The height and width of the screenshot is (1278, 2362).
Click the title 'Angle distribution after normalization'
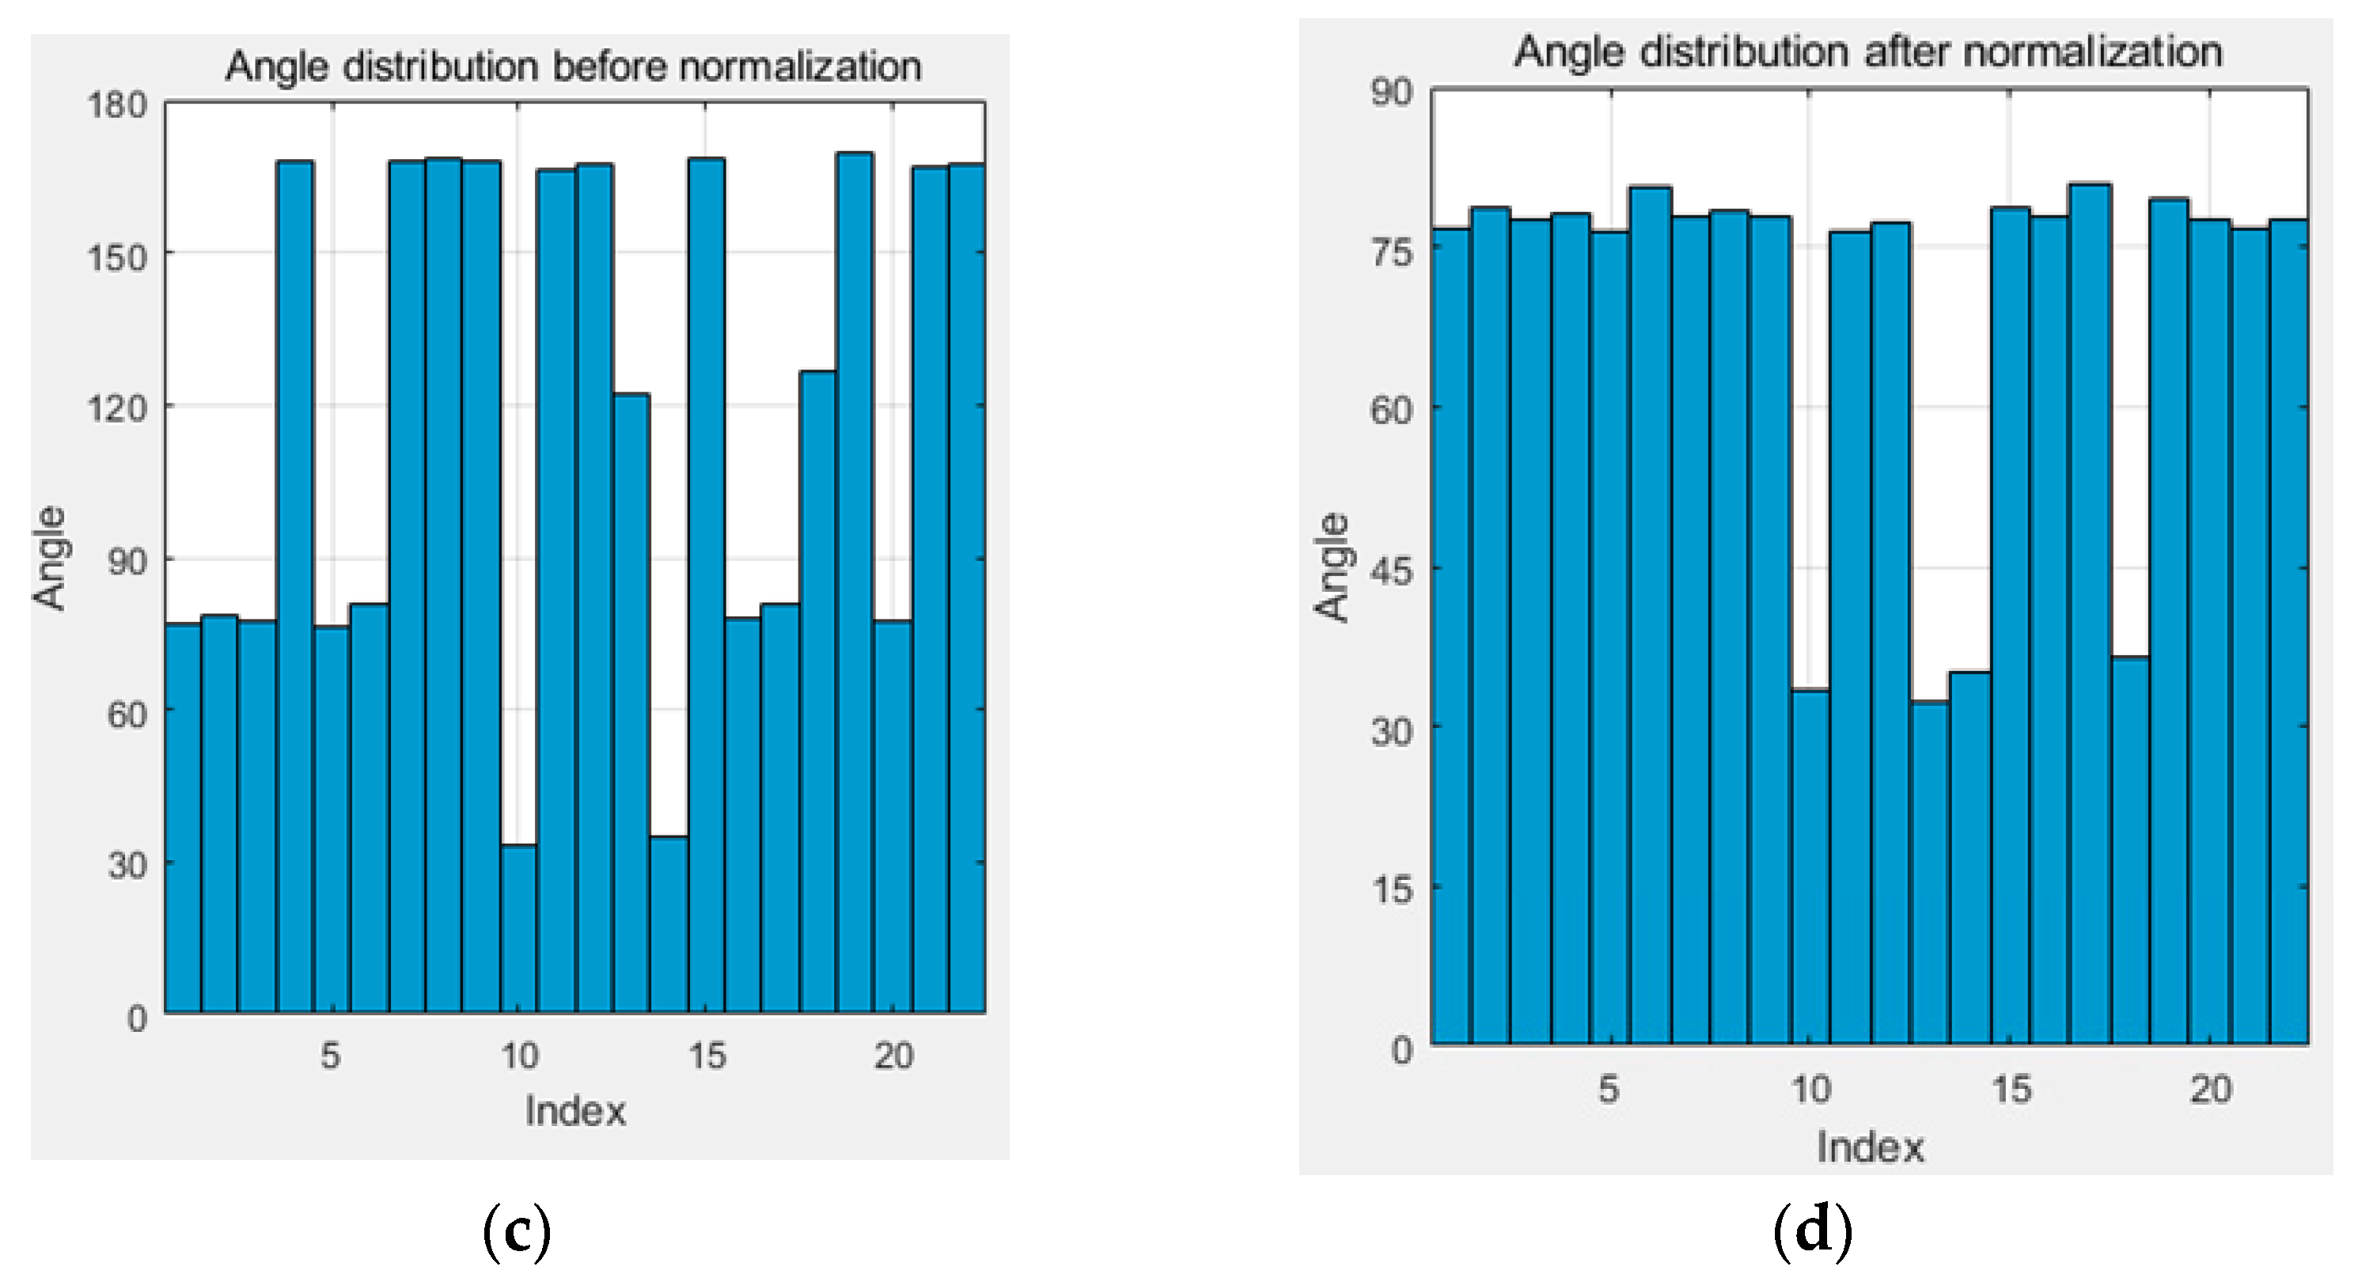pos(1867,51)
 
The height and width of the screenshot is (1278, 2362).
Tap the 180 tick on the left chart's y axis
pos(117,105)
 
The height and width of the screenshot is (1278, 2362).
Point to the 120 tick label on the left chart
pos(117,408)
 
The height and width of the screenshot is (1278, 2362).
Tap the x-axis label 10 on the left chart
pos(519,1056)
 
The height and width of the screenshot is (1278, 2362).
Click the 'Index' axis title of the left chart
pos(575,1111)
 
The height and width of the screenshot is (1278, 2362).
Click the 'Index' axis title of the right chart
pos(1870,1147)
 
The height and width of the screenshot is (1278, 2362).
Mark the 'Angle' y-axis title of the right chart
pos(1333,567)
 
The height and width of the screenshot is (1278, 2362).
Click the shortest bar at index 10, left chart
pos(519,931)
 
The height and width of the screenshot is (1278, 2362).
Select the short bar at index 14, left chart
pos(669,926)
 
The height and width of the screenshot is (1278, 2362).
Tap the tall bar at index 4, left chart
pos(294,586)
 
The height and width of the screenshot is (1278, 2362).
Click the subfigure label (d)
pos(1813,1231)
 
